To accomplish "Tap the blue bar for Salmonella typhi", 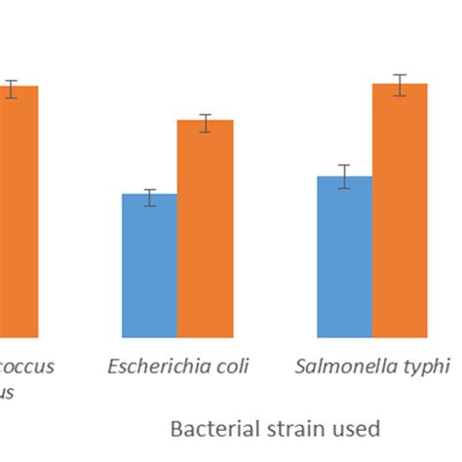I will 344,257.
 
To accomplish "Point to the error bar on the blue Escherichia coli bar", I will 149,198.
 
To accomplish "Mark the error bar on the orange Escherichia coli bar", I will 205,123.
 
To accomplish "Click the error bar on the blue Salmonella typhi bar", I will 344,177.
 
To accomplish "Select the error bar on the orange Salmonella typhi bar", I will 400,85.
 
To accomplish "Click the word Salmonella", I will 347,367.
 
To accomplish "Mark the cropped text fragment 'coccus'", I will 26,367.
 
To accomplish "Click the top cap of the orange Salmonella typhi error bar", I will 400,75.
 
